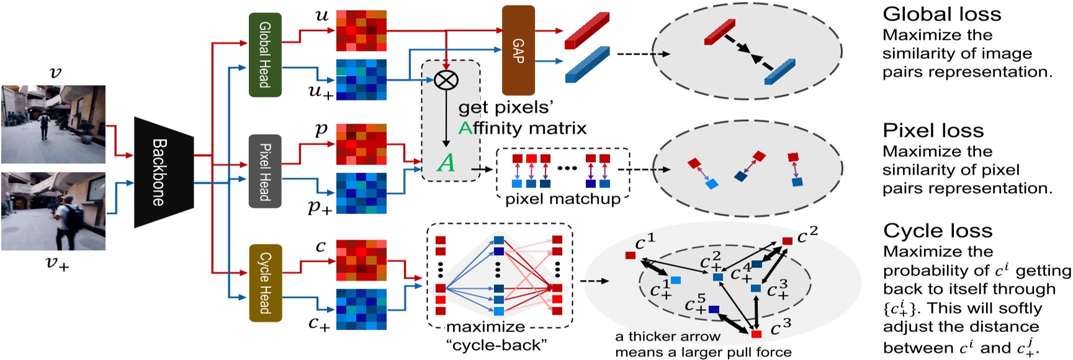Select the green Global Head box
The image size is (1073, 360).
click(x=265, y=55)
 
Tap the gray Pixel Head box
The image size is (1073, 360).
click(x=265, y=171)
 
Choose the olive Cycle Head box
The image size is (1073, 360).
click(x=265, y=283)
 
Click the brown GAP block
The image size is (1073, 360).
click(x=518, y=50)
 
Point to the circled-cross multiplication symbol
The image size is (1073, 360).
click(x=446, y=79)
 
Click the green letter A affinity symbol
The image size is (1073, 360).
click(x=446, y=163)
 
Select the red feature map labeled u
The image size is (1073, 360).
click(x=361, y=30)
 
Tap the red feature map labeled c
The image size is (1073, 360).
click(x=361, y=260)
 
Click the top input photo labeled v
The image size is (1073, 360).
click(x=53, y=124)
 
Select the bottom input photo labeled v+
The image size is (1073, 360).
click(x=53, y=212)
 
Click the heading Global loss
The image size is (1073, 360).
click(x=941, y=14)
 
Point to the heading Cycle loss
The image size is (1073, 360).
click(x=937, y=231)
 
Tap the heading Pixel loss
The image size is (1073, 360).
click(x=933, y=130)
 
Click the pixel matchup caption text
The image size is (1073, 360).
click(x=562, y=199)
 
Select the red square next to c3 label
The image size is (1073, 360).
click(x=756, y=334)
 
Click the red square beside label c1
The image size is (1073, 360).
click(x=631, y=255)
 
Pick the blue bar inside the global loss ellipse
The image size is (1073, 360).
click(x=780, y=71)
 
